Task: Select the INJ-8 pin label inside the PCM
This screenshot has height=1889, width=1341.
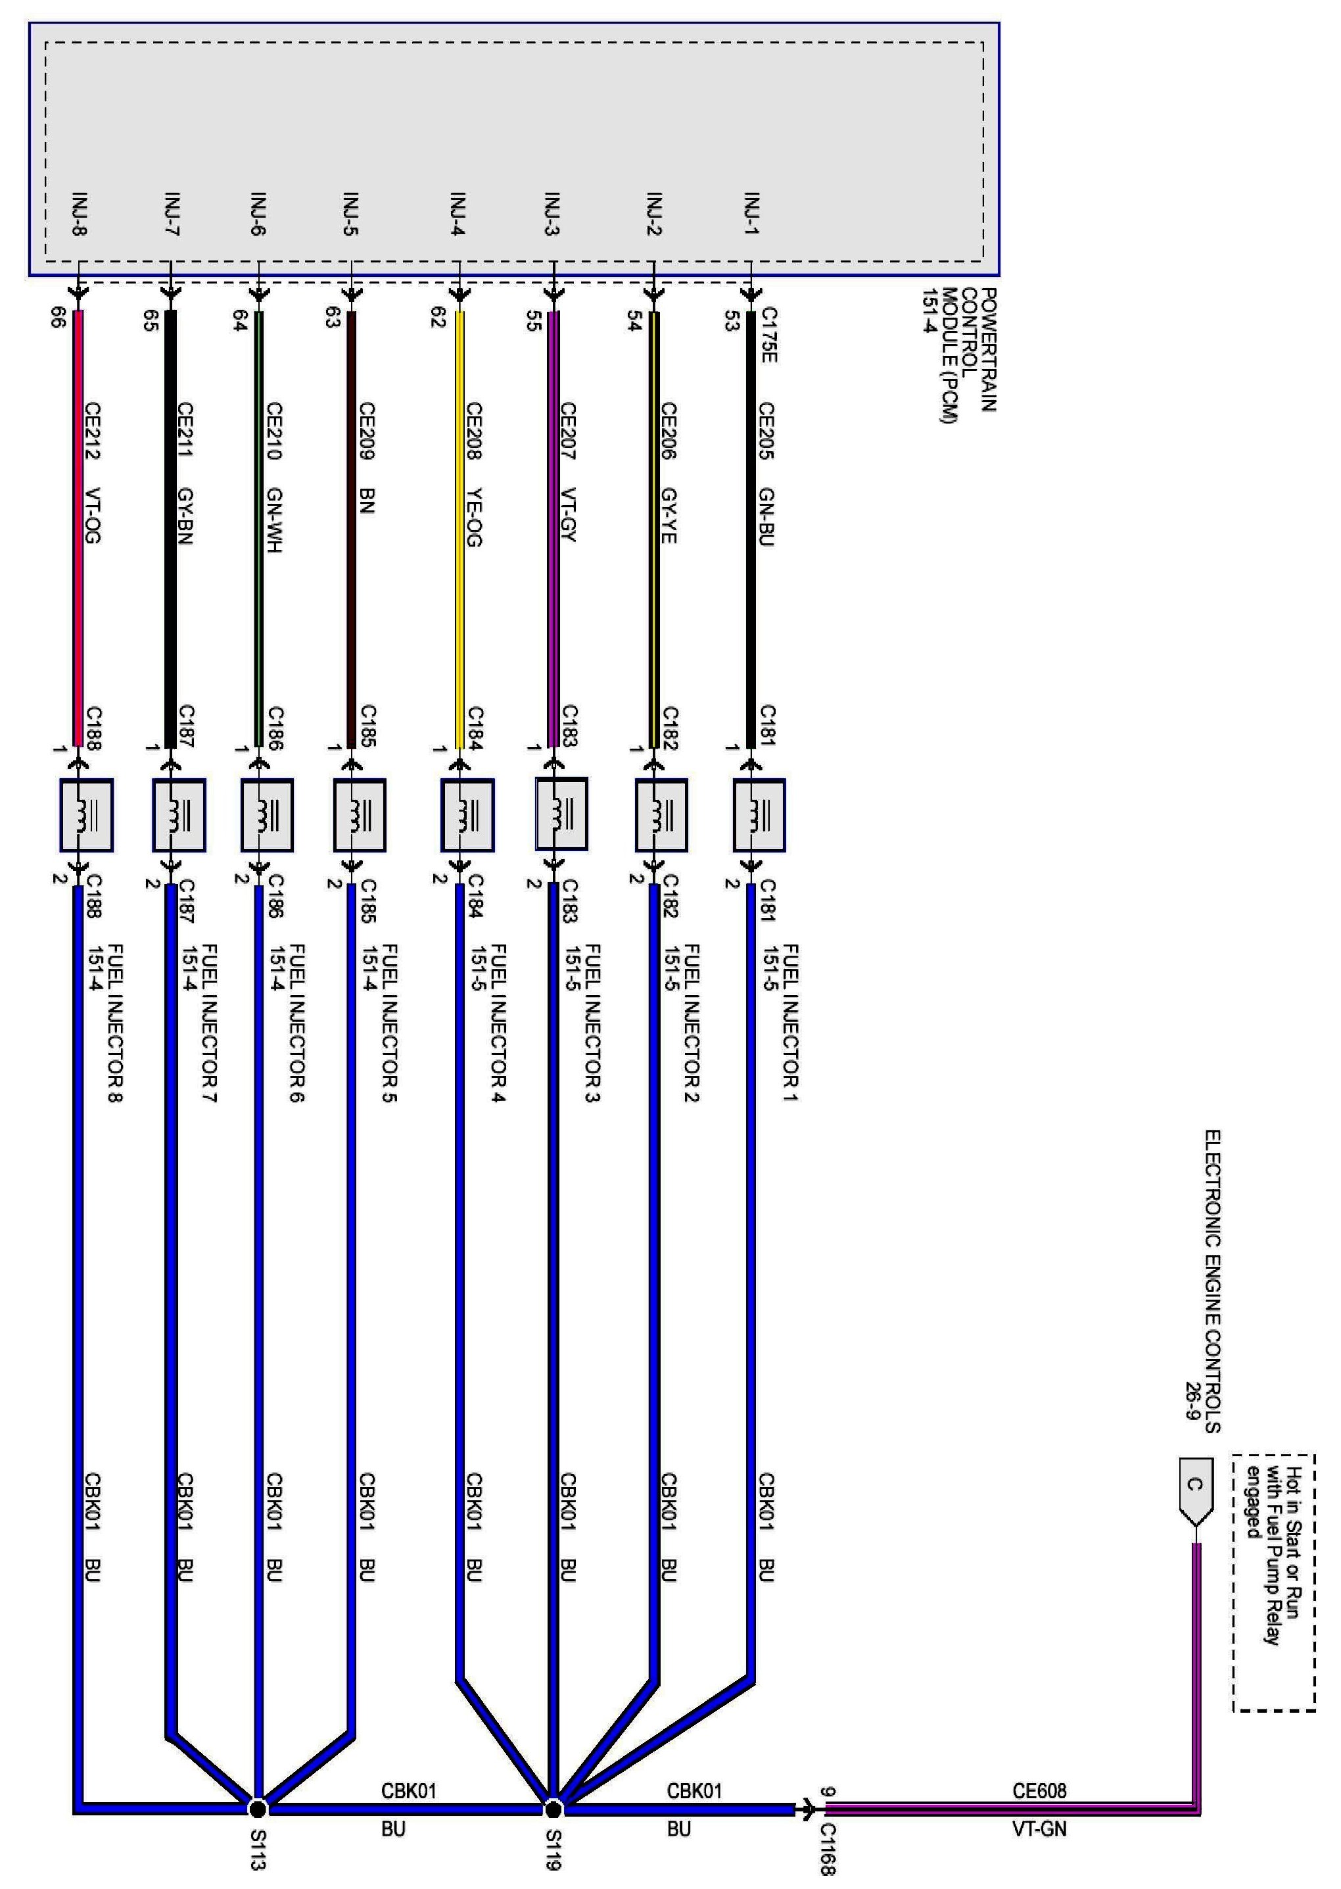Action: (x=80, y=213)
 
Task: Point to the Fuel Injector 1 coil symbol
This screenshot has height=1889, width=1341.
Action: (x=759, y=815)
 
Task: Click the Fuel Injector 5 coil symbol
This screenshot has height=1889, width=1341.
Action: (x=359, y=815)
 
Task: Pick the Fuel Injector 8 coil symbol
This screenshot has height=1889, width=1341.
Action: (x=86, y=815)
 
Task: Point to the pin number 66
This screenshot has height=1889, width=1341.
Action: (x=58, y=318)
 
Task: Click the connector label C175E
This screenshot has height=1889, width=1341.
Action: (x=768, y=335)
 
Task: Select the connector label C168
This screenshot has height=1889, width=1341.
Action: (x=828, y=1848)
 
